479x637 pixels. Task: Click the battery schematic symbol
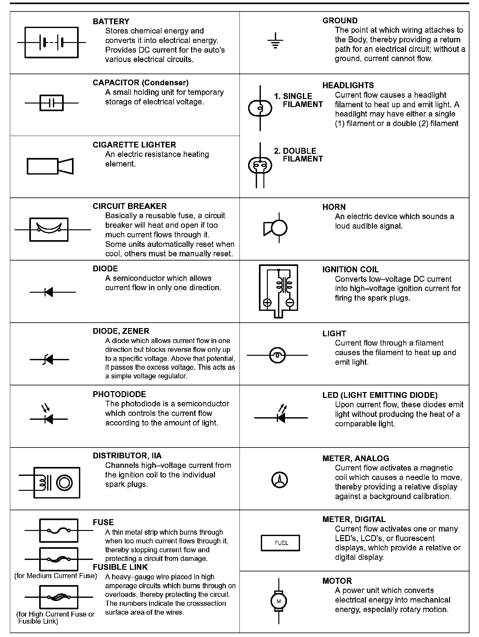[51, 42]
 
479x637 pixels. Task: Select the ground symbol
[275, 41]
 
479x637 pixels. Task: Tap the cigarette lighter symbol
[50, 166]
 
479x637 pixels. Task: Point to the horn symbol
[276, 228]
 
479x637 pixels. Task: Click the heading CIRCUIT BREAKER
[130, 206]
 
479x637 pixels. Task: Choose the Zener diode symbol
[49, 360]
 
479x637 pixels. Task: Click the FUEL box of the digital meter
[280, 543]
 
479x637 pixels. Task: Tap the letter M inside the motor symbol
[279, 602]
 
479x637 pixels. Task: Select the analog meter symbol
[279, 480]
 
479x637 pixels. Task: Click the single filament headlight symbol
[260, 109]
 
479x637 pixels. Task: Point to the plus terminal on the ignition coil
[267, 303]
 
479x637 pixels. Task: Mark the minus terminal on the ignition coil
[290, 303]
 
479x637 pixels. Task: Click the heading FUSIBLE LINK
[120, 567]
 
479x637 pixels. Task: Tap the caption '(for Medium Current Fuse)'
[56, 576]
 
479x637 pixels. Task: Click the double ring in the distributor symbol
[64, 483]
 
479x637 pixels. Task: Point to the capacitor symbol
[51, 103]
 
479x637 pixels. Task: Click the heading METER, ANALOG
[355, 459]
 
